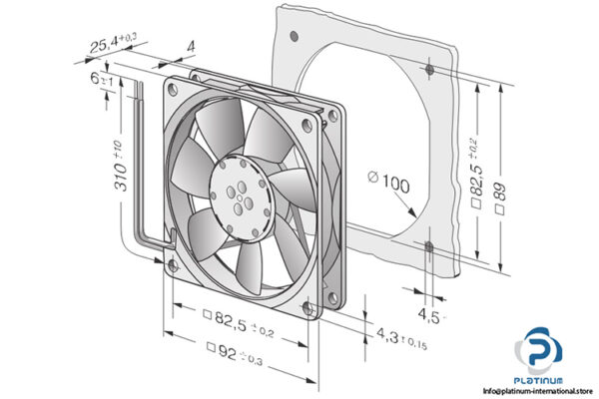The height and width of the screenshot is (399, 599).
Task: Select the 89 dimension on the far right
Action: click(501, 190)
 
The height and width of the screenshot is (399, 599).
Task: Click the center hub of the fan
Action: click(241, 189)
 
